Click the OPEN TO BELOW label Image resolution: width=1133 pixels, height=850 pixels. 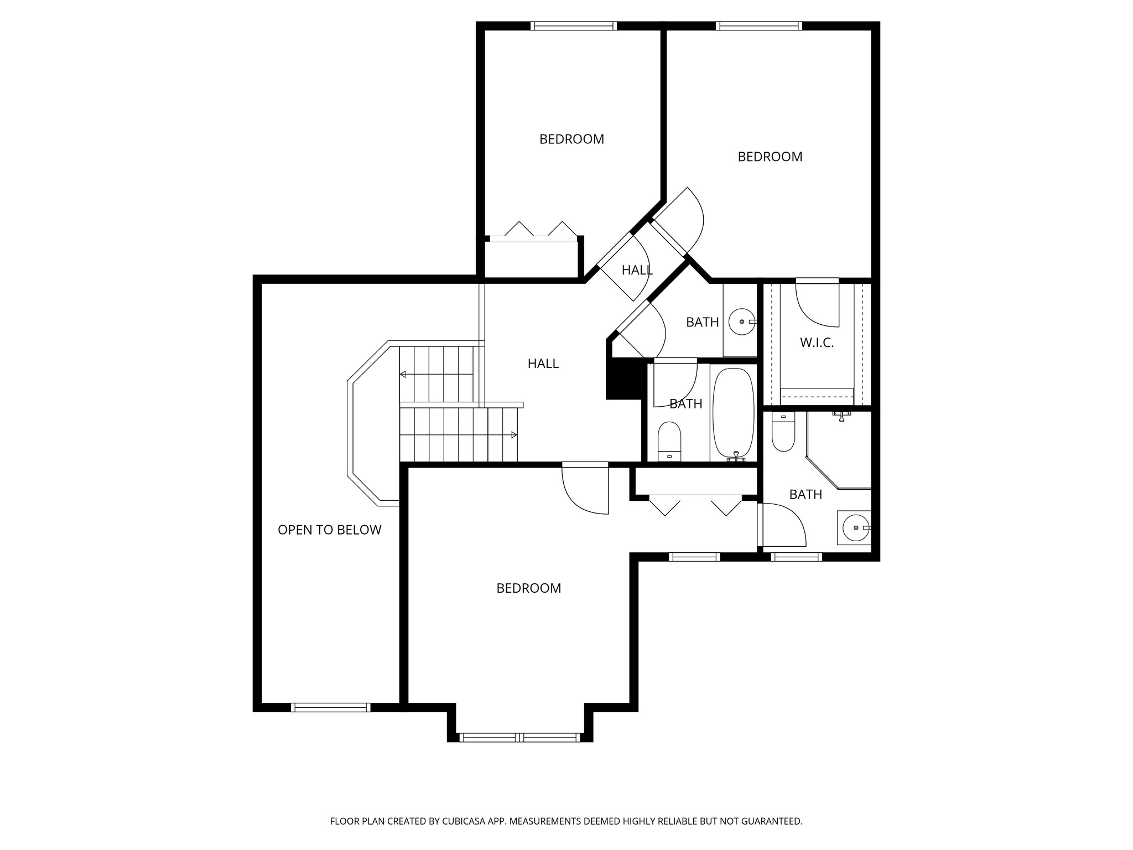[329, 530]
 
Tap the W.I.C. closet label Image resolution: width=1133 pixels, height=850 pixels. [817, 343]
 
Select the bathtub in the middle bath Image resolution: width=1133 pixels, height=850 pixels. [733, 412]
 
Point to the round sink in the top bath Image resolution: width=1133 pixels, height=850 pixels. [741, 322]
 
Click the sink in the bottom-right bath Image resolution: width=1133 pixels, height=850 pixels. [855, 528]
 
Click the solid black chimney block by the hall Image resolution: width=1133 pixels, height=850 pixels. [623, 379]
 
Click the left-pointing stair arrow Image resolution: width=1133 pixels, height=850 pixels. [403, 375]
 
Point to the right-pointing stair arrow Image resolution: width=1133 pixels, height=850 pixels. [513, 435]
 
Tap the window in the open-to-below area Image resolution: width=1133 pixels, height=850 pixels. [330, 707]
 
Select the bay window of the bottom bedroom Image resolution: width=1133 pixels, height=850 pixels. [519, 737]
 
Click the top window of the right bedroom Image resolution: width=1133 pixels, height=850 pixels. [758, 26]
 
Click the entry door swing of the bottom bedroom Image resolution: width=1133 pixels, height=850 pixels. [585, 490]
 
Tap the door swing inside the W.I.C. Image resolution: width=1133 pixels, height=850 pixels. [817, 304]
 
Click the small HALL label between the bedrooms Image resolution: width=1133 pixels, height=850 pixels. [637, 271]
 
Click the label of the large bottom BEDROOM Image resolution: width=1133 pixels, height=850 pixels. [528, 588]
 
